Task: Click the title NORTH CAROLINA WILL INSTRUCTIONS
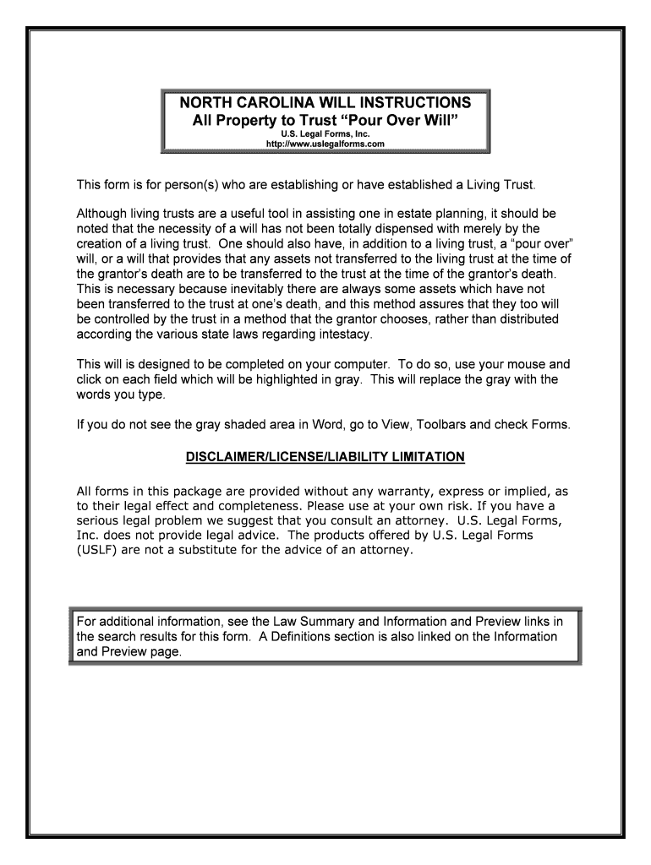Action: pyautogui.click(x=325, y=103)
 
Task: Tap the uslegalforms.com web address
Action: pyautogui.click(x=325, y=144)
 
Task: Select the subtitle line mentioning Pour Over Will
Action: pyautogui.click(x=325, y=121)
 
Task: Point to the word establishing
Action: pyautogui.click(x=281, y=184)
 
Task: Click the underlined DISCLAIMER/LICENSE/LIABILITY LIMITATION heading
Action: pyautogui.click(x=325, y=457)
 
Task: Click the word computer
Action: pyautogui.click(x=346, y=365)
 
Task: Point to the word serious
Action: pyautogui.click(x=99, y=520)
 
